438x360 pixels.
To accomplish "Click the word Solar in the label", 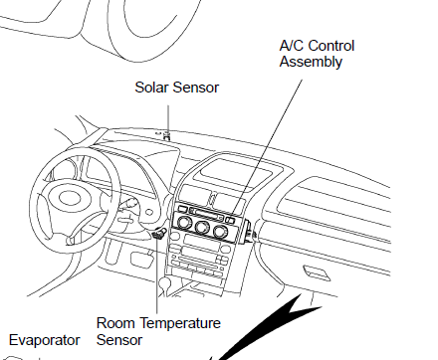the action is click(x=152, y=88).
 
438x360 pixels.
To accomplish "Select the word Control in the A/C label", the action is click(x=330, y=46).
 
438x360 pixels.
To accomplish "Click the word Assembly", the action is click(x=311, y=62).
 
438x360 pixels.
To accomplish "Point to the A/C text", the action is click(x=292, y=46).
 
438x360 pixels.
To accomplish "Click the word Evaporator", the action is click(x=45, y=340).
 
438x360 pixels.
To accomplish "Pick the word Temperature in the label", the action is click(x=179, y=323).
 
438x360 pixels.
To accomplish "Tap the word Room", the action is click(x=115, y=323).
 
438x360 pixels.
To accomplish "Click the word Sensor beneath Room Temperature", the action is click(x=119, y=340).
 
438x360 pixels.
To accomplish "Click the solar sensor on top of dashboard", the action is click(x=167, y=135).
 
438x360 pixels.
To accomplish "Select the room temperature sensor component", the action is click(x=158, y=234).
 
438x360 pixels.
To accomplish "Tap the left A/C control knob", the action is click(x=184, y=222).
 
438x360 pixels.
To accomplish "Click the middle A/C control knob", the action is click(x=202, y=227).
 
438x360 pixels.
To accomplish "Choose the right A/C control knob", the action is click(x=220, y=232).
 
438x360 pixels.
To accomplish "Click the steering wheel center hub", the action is click(x=70, y=198).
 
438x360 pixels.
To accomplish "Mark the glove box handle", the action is click(x=317, y=271).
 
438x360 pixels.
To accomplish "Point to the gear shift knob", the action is click(x=164, y=283).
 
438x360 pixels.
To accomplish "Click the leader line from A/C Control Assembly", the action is click(x=267, y=147).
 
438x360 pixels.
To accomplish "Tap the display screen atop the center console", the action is click(x=234, y=171).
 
